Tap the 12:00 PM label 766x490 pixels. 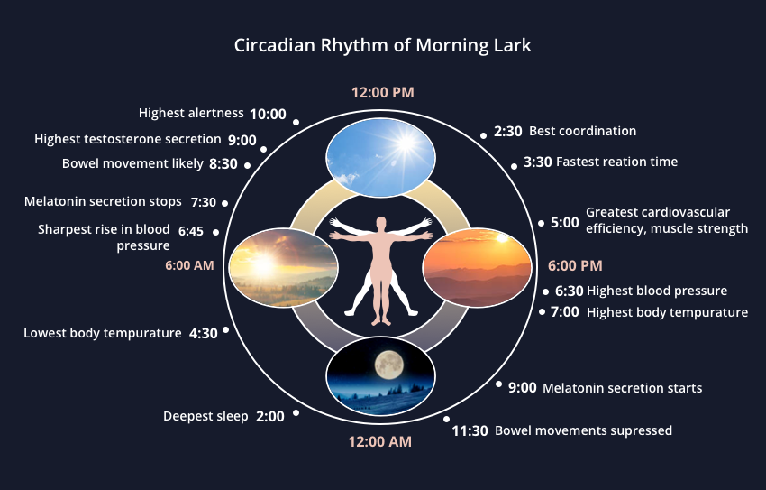[x=382, y=92]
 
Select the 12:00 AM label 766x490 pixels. [x=379, y=441]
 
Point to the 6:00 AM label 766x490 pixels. [x=189, y=266]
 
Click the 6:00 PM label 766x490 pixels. [x=575, y=266]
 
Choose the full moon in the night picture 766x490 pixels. [x=389, y=364]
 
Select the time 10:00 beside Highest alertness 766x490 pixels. [x=268, y=114]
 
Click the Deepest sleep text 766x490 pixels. [x=205, y=416]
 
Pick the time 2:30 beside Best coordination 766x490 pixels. [x=508, y=131]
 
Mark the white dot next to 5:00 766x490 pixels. [x=541, y=223]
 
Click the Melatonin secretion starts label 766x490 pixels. [x=622, y=388]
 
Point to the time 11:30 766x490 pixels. [x=470, y=430]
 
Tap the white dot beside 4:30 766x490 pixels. [x=225, y=330]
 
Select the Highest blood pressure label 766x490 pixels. [x=656, y=291]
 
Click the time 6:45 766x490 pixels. [x=191, y=231]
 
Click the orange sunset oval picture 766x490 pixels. [x=477, y=265]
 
